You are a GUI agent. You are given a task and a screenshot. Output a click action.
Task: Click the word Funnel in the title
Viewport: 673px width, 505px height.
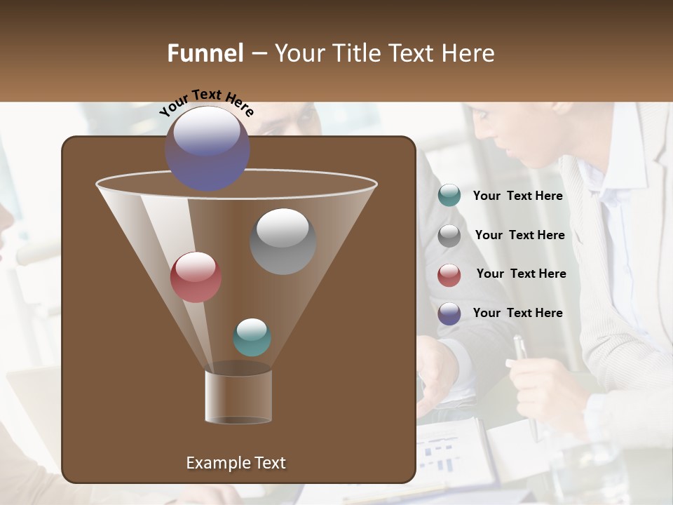click(205, 53)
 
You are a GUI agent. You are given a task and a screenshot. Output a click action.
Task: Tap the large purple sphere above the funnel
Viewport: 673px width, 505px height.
click(208, 148)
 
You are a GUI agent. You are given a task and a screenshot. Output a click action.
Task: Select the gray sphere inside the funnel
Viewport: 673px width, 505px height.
click(283, 241)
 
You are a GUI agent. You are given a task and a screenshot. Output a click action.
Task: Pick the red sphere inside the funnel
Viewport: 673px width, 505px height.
click(196, 277)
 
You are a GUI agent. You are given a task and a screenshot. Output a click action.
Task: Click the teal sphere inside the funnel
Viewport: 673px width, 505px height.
click(252, 337)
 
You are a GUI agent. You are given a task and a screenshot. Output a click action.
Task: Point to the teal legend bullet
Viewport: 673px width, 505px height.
click(449, 196)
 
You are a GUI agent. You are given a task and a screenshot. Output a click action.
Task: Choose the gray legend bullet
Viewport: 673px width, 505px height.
click(449, 236)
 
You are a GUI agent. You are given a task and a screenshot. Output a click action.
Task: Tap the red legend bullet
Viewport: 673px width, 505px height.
click(449, 275)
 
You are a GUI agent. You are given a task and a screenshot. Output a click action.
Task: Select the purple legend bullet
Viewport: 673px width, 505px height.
click(449, 314)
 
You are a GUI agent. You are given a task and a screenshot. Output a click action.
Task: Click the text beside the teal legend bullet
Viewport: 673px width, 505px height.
click(517, 196)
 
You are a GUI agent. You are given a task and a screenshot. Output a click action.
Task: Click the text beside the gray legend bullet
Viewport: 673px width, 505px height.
click(519, 236)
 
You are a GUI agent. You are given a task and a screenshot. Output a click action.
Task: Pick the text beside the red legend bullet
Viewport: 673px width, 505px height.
click(521, 274)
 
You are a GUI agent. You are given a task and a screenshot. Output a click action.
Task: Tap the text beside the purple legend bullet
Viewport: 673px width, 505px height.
click(517, 314)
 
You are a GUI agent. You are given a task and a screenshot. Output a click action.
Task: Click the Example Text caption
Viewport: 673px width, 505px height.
click(236, 463)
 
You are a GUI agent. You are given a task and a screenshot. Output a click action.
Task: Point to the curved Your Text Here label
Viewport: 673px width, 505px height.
click(206, 102)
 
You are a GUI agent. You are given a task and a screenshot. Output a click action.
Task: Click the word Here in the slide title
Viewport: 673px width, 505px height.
click(469, 53)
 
